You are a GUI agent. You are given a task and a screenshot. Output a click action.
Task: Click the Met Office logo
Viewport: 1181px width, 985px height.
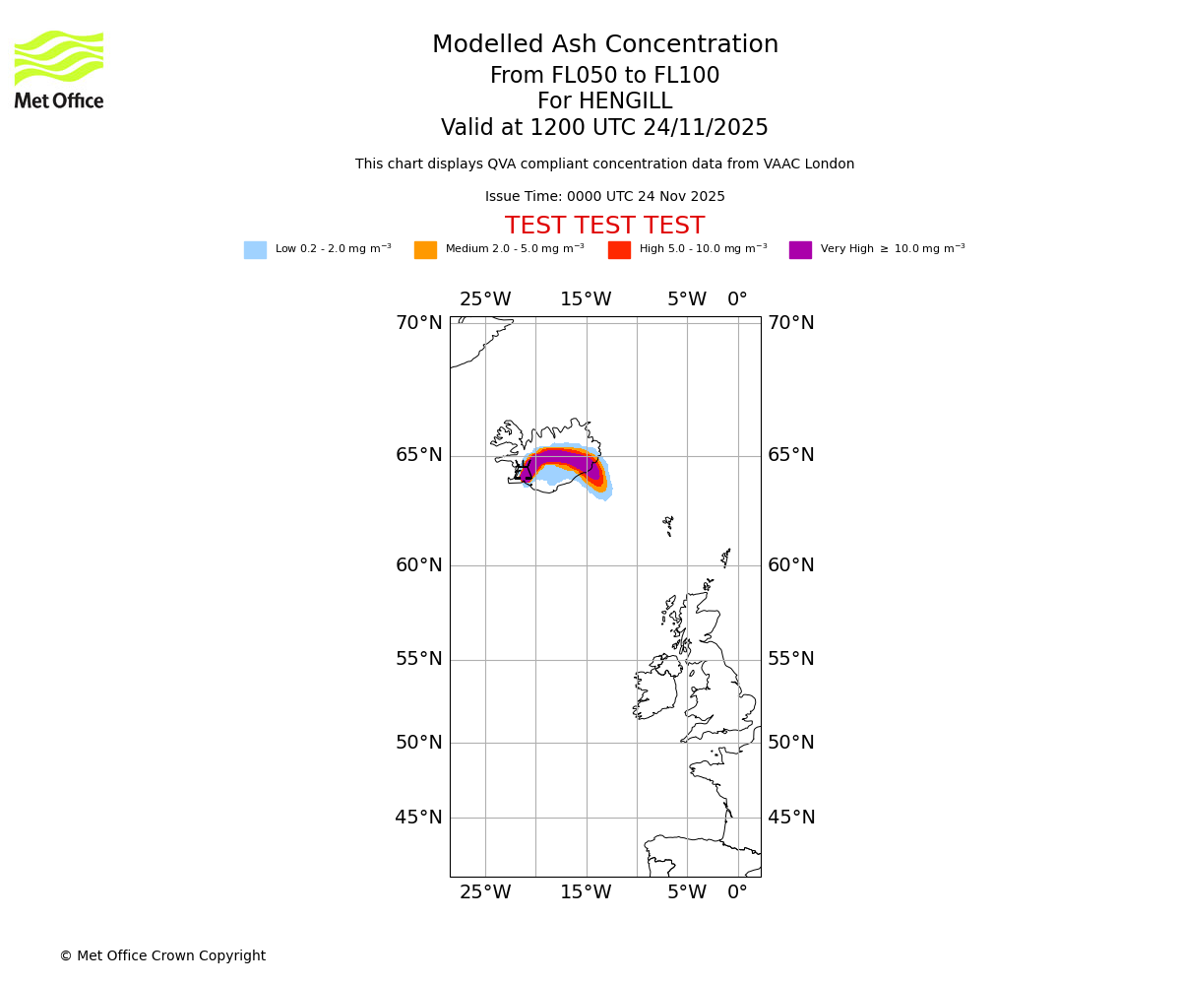point(59,69)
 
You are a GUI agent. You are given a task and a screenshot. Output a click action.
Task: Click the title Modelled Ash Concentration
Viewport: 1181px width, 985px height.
point(604,45)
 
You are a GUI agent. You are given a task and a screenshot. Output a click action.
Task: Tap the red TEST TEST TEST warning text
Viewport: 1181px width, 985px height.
point(604,227)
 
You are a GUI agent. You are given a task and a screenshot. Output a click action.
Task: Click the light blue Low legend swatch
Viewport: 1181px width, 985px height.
point(255,250)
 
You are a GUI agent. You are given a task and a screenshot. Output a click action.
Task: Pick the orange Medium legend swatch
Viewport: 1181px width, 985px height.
point(425,250)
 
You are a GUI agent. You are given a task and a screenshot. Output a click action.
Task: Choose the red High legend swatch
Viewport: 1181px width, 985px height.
point(619,250)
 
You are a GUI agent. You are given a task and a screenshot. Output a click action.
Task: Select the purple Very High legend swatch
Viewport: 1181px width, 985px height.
point(800,250)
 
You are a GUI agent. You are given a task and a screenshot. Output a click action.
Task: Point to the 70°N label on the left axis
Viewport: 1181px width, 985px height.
point(419,323)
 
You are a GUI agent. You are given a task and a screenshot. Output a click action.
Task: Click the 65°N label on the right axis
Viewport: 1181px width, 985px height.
point(791,455)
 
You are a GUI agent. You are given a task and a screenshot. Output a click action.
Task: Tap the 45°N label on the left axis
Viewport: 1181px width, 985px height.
point(419,818)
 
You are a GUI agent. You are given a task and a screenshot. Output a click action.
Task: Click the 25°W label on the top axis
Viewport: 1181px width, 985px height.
point(485,299)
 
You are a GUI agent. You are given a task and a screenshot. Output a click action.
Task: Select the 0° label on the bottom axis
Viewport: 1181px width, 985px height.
point(737,892)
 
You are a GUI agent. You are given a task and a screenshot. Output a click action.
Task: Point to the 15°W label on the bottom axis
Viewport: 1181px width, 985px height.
point(586,892)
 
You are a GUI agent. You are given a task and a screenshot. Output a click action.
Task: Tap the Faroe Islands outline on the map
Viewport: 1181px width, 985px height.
point(668,524)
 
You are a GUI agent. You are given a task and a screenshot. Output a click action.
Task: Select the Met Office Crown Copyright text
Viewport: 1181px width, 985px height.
point(162,956)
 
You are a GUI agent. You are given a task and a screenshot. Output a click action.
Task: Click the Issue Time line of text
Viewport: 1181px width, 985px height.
point(604,197)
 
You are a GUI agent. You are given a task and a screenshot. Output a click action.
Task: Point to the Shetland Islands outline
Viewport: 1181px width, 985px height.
point(726,558)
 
